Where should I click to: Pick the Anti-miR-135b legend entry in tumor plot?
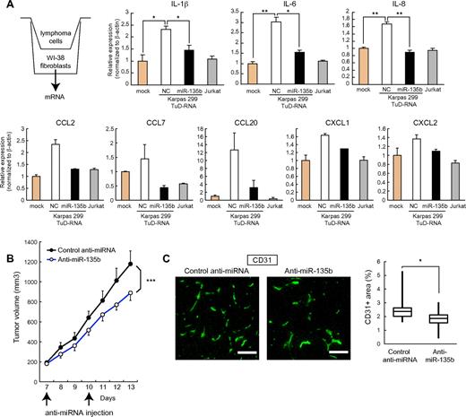pos(70,284)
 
